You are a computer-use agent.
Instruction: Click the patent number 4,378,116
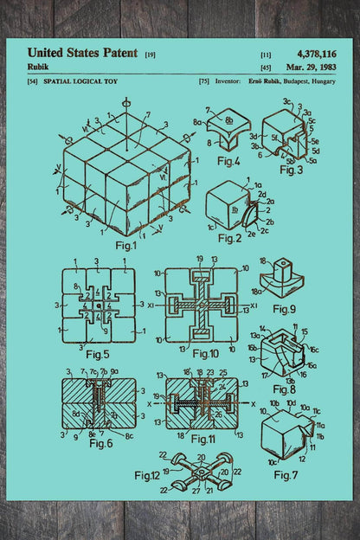tap(317, 54)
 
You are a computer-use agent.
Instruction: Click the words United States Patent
tap(82, 53)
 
